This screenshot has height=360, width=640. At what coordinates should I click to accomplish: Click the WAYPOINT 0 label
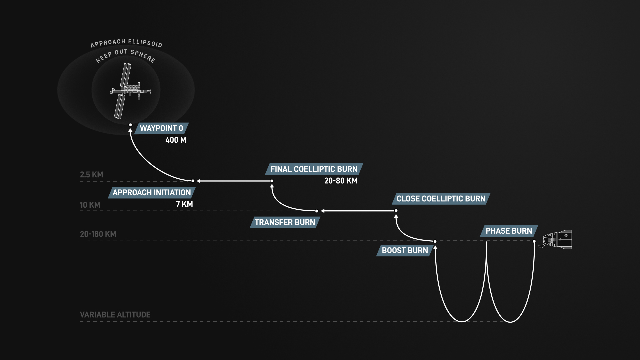click(161, 128)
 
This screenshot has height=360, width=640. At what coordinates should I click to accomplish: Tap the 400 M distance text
click(176, 140)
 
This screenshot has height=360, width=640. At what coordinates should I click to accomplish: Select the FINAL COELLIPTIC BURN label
click(314, 169)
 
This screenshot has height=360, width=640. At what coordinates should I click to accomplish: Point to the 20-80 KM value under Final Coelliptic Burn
click(341, 181)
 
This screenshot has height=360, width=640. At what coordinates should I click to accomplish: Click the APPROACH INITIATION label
click(152, 193)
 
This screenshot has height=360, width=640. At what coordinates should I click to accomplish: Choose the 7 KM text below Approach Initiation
click(184, 204)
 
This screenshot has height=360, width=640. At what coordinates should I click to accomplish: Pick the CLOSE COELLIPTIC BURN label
click(441, 199)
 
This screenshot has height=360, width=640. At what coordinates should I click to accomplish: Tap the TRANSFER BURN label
click(285, 222)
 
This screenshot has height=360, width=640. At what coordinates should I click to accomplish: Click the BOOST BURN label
click(405, 251)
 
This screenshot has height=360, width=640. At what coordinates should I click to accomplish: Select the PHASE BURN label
click(509, 231)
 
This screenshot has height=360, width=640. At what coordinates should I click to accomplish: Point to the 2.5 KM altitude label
click(91, 175)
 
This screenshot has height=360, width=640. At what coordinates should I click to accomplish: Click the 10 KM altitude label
click(90, 205)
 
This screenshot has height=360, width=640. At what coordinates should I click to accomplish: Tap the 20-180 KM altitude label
click(98, 234)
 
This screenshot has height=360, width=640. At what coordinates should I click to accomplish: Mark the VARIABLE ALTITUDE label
click(115, 315)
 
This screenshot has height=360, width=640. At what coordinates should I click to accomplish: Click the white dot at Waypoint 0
click(130, 125)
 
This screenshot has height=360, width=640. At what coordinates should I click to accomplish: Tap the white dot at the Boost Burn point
click(435, 241)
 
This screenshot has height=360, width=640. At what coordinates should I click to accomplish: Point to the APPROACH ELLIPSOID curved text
click(126, 43)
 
